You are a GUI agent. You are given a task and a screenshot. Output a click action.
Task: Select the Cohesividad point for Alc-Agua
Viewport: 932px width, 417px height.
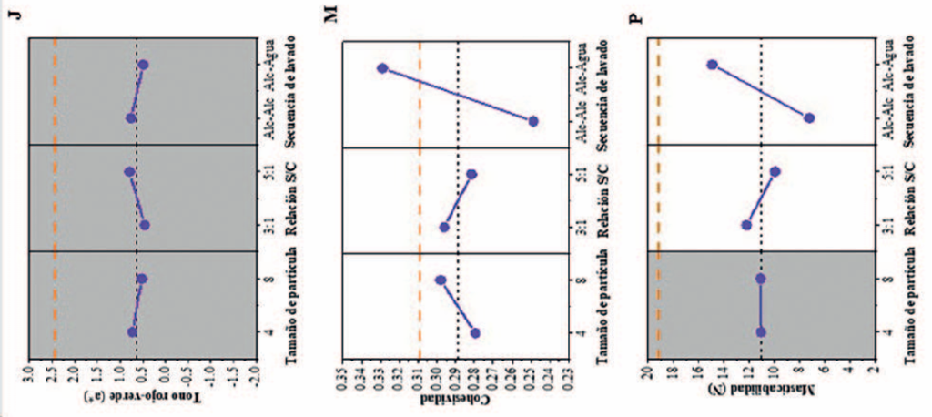pos(382,68)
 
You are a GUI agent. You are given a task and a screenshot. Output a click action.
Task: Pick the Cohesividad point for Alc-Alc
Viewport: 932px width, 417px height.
pos(533,121)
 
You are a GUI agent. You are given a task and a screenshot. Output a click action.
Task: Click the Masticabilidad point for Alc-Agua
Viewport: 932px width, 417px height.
pos(713,65)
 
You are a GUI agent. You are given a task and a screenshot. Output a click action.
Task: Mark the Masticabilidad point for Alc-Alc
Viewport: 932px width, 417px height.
pos(809,117)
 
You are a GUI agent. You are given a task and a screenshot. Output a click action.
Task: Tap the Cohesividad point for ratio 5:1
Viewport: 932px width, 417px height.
pos(471,174)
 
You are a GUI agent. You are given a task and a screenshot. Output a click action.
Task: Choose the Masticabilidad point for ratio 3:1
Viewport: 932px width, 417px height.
pos(747,225)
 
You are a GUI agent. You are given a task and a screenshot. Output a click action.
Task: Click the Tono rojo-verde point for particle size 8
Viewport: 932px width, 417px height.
pos(141,279)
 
